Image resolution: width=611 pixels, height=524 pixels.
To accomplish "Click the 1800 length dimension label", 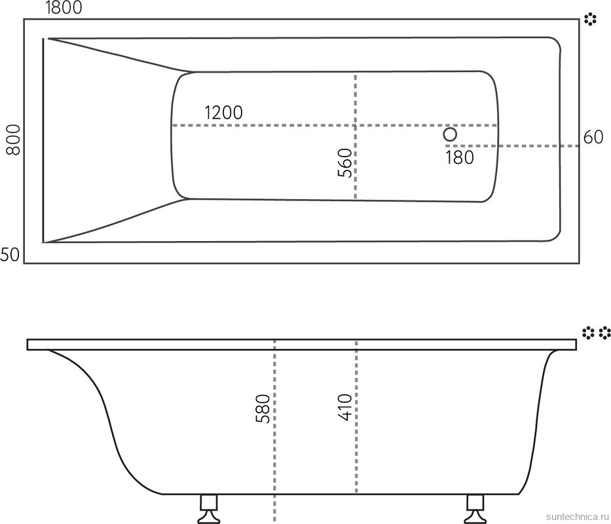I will click(x=64, y=8).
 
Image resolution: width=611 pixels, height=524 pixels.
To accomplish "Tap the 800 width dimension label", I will click(x=13, y=140).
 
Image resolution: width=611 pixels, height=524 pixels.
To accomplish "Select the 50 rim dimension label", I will click(x=10, y=255).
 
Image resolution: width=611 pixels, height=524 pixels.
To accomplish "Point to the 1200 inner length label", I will click(x=223, y=113).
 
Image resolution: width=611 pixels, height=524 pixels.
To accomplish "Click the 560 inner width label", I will click(x=345, y=164).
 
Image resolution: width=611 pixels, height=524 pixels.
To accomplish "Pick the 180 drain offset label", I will click(x=459, y=157).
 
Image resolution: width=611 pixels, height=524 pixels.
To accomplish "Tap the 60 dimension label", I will click(x=593, y=138).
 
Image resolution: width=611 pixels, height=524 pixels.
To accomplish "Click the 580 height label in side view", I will click(x=263, y=409).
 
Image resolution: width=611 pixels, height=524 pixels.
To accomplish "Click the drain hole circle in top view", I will click(x=450, y=134).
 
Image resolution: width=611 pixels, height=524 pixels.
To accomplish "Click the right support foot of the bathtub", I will click(x=475, y=507).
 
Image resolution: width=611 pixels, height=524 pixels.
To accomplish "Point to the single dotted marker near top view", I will click(x=590, y=20).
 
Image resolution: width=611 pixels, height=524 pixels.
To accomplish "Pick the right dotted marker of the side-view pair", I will click(x=604, y=333).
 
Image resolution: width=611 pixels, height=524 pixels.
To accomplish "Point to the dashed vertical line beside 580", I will click(x=274, y=458).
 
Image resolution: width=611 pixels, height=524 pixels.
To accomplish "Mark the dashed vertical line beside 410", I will click(x=356, y=458).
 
